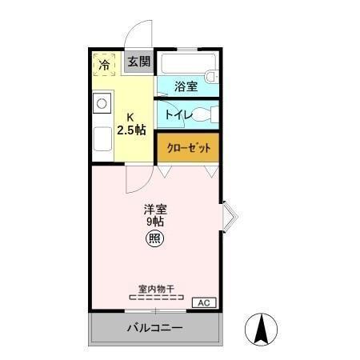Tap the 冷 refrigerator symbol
click(105, 63)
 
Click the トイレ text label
click(178, 115)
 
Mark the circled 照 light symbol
click(154, 238)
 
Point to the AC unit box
click(204, 302)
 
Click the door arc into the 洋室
click(137, 180)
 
